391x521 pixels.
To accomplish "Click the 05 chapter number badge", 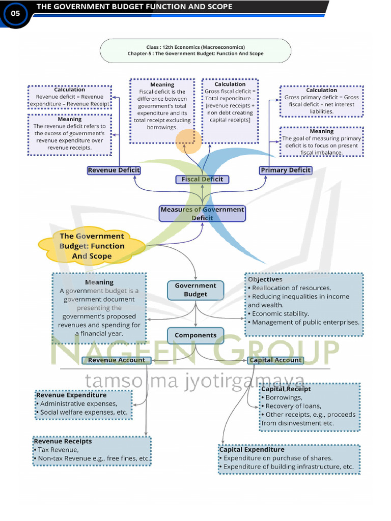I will coord(15,14).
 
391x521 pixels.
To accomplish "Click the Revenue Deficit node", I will coord(114,170).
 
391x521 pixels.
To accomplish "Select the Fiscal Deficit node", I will coord(202,179).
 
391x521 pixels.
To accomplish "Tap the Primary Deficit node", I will coord(285,170).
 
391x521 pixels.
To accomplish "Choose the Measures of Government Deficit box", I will coord(202,214).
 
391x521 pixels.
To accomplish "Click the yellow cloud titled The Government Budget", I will coord(92,246).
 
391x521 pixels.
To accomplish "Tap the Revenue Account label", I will coord(117,360).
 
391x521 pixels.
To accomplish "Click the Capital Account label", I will coord(275,360).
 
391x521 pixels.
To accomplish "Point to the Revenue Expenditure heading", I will coord(72,395).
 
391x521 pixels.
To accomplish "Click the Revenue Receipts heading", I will coord(64,441).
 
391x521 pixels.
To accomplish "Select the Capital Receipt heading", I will coord(286,389).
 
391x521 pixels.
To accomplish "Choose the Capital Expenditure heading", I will coord(252,450).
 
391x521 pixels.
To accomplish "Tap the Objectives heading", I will coord(265,279).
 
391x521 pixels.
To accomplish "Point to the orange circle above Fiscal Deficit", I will coord(188,141).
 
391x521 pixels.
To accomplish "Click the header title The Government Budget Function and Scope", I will coord(134,7).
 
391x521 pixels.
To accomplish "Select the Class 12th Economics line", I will coord(195,47).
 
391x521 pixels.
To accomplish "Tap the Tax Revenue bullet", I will coord(58,450).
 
